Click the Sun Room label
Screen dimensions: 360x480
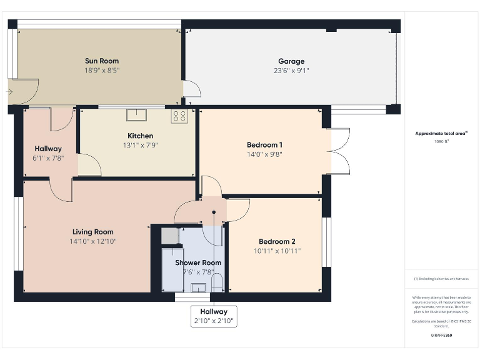pyautogui.click(x=102, y=61)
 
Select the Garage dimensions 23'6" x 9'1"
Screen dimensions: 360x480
pyautogui.click(x=291, y=71)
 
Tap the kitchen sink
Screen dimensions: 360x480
pyautogui.click(x=136, y=114)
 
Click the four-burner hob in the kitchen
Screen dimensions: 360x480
pyautogui.click(x=179, y=115)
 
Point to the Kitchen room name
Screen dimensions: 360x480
pyautogui.click(x=140, y=136)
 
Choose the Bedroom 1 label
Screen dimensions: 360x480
pyautogui.click(x=264, y=145)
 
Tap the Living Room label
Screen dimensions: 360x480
pyautogui.click(x=92, y=232)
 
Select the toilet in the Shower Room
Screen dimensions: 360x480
pyautogui.click(x=217, y=284)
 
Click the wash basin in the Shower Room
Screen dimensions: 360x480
pyautogui.click(x=199, y=287)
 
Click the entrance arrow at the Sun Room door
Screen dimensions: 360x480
pyautogui.click(x=9, y=91)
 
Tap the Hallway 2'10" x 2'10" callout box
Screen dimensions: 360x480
pyautogui.click(x=214, y=316)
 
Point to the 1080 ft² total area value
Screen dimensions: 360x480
pyautogui.click(x=441, y=141)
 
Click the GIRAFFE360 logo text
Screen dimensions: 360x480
pyautogui.click(x=441, y=336)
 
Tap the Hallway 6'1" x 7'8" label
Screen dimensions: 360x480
pyautogui.click(x=48, y=153)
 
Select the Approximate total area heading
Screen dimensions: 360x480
pyautogui.click(x=441, y=133)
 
